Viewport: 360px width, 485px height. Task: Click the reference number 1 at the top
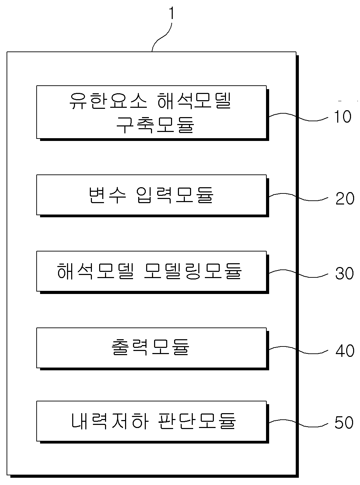pyautogui.click(x=172, y=13)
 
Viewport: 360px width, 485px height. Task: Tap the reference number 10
pyautogui.click(x=342, y=116)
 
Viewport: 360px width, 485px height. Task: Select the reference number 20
pyautogui.click(x=345, y=198)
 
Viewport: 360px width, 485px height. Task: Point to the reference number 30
pyautogui.click(x=344, y=273)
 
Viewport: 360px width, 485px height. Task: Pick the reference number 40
pyautogui.click(x=345, y=351)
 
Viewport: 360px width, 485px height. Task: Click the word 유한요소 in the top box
pyautogui.click(x=108, y=101)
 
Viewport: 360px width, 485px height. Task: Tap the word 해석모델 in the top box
pyautogui.click(x=194, y=101)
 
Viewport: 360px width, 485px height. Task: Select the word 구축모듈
pyautogui.click(x=155, y=125)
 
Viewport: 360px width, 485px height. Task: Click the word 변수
pyautogui.click(x=107, y=195)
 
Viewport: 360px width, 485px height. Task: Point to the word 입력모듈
pyautogui.click(x=175, y=195)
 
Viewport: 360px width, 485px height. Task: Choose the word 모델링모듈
pyautogui.click(x=193, y=271)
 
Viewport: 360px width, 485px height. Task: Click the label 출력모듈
pyautogui.click(x=150, y=347)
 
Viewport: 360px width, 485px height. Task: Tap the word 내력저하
pyautogui.click(x=110, y=421)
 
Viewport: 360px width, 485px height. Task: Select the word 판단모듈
pyautogui.click(x=197, y=421)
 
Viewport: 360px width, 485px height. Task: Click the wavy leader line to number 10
pyautogui.click(x=298, y=117)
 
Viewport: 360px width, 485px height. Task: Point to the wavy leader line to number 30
pyautogui.click(x=298, y=274)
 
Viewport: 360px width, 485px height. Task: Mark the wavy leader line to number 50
pyautogui.click(x=298, y=423)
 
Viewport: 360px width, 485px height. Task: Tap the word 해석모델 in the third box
pyautogui.click(x=95, y=271)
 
